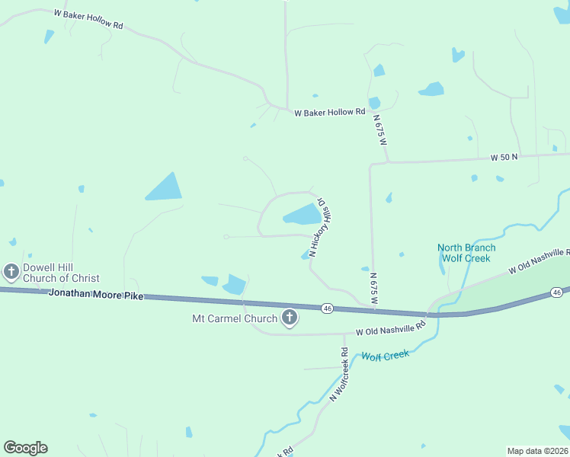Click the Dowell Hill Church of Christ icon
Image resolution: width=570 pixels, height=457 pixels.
(x=11, y=271)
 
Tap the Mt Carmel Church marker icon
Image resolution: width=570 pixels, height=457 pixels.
(x=289, y=318)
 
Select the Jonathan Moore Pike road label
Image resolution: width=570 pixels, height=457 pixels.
(x=95, y=293)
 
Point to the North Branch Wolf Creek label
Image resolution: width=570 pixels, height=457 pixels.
(x=466, y=253)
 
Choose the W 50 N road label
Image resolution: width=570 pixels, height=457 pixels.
(x=503, y=157)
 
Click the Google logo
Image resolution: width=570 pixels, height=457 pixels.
(x=25, y=448)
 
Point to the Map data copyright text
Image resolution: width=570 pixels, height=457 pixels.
(x=537, y=451)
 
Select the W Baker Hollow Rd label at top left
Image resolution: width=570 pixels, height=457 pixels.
(x=88, y=20)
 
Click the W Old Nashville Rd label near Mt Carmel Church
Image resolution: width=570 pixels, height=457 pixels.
(x=390, y=330)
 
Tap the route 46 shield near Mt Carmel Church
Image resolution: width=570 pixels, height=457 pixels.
(x=327, y=308)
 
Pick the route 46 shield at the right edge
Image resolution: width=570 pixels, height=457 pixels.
(x=557, y=292)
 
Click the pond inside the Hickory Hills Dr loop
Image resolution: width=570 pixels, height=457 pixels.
(x=303, y=216)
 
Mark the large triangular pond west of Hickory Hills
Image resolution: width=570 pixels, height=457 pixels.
(x=165, y=187)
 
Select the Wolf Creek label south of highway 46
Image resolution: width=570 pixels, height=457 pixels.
(x=385, y=355)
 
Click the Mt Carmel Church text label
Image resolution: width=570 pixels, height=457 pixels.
(x=235, y=318)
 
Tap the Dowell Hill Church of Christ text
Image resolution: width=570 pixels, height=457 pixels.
(x=61, y=273)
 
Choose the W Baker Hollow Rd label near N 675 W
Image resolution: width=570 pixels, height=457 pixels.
(x=330, y=112)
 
